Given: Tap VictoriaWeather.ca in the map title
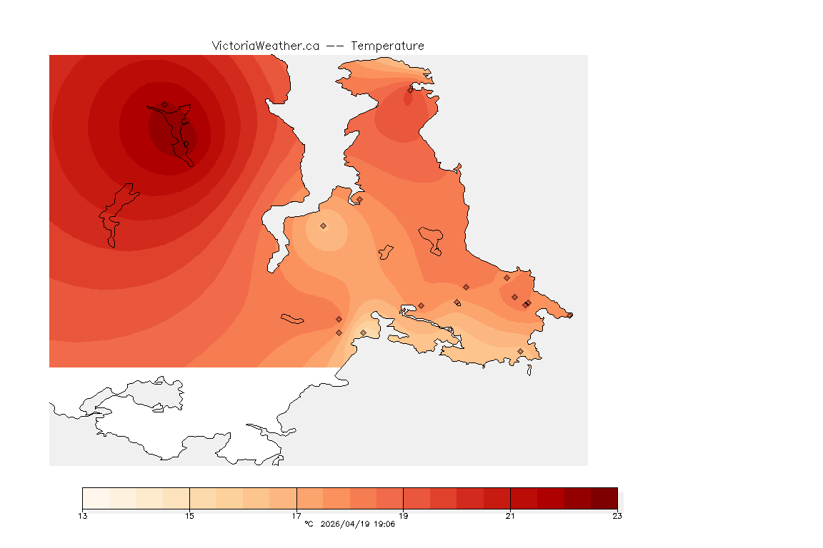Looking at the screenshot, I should [265, 46].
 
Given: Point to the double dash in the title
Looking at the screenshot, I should [335, 46].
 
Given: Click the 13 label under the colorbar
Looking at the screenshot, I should [83, 516].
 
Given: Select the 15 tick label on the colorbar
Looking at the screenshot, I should [189, 516].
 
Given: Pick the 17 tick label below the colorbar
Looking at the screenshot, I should [296, 516].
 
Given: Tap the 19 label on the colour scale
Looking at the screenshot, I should [404, 516].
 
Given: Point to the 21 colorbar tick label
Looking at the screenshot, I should [510, 516].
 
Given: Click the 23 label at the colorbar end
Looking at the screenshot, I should [617, 516].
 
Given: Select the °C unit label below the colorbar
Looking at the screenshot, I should [309, 524].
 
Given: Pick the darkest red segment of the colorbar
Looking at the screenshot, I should [604, 497].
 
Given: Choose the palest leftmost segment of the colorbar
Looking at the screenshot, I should [96, 497].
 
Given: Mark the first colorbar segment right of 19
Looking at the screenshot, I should [417, 497].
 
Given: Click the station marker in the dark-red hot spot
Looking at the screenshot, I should [164, 104].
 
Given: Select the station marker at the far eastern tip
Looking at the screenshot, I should [569, 315].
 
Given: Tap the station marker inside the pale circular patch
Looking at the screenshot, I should [323, 225].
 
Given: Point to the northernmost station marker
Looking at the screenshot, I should [410, 90].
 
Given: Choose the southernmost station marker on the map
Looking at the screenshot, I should [520, 351].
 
